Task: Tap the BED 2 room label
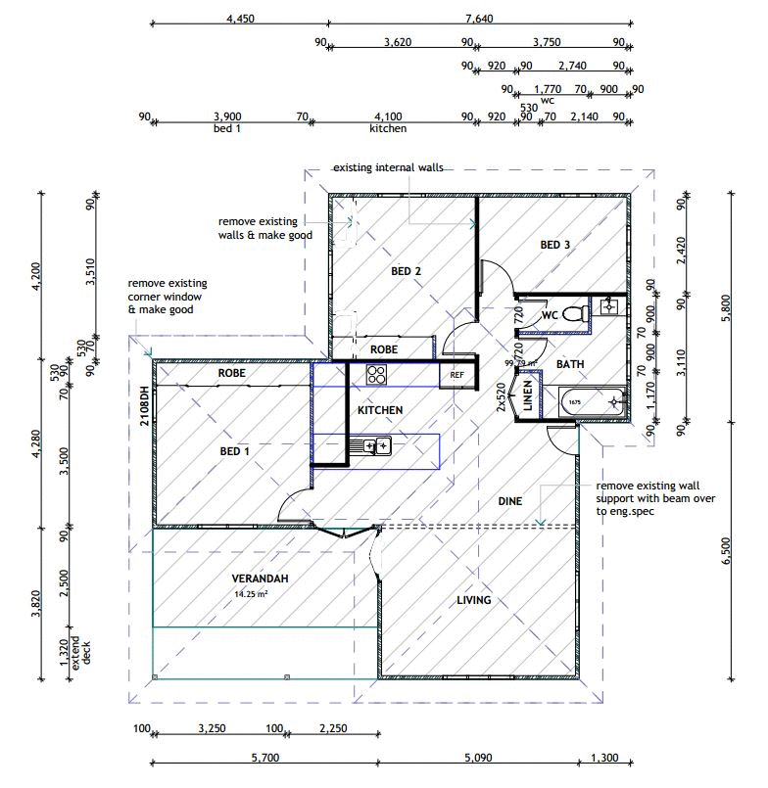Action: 406,271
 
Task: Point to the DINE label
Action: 509,501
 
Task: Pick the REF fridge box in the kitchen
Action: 456,374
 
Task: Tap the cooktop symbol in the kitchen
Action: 376,374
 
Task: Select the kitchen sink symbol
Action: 375,446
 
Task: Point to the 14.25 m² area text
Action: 251,594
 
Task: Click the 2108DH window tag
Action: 143,405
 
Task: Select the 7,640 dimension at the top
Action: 479,17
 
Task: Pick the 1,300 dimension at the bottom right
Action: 605,756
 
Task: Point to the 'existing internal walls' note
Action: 387,167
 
